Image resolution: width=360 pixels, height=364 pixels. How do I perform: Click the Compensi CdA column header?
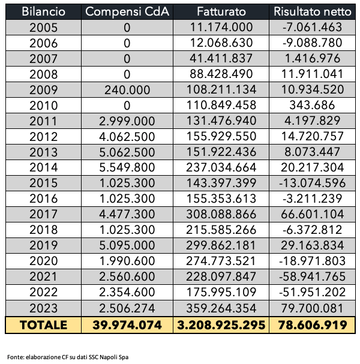(127, 11)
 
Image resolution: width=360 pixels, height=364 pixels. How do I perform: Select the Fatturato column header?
(221, 11)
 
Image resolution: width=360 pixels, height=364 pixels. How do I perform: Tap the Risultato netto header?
(313, 11)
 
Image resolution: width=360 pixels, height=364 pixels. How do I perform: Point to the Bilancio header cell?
(43, 11)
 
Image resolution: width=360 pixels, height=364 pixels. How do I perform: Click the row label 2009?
(43, 90)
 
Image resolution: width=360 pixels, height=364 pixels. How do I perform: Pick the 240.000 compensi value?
(127, 90)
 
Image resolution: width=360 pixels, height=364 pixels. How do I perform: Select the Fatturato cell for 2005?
(221, 27)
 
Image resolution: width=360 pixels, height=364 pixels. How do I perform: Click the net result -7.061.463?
(313, 27)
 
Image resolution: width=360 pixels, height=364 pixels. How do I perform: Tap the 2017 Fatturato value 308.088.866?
(221, 214)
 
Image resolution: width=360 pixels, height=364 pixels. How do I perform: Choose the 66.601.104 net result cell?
(313, 214)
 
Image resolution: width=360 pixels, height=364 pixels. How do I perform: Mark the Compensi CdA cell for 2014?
(127, 167)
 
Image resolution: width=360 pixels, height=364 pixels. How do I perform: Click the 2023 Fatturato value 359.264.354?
(221, 308)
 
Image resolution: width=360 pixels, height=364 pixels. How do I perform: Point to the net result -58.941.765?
(313, 276)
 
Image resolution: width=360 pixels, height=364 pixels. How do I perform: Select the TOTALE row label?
(43, 325)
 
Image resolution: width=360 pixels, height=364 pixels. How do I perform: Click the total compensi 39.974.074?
(127, 325)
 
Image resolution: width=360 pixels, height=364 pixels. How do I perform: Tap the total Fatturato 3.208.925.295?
(221, 325)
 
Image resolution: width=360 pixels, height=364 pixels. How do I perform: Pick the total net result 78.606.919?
(313, 325)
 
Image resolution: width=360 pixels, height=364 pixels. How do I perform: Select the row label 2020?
(43, 261)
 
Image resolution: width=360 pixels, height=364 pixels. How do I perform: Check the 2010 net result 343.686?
(313, 106)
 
